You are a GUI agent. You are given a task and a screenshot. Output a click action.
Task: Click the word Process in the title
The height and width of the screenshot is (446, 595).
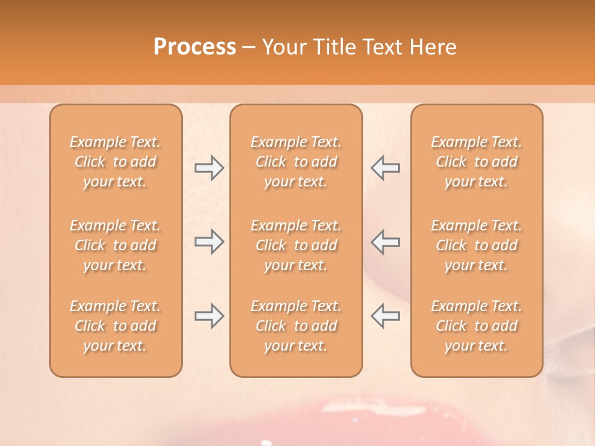point(195,47)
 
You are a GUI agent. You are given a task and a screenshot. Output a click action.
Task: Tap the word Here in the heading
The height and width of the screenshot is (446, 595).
point(433,47)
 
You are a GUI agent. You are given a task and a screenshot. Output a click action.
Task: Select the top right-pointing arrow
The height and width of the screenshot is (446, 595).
point(209,168)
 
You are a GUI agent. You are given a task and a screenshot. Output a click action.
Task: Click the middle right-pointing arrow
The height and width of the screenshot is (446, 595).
point(209,242)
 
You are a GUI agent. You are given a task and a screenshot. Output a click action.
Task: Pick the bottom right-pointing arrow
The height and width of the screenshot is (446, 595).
point(209,316)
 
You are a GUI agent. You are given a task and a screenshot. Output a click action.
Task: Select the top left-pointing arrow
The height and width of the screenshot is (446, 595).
point(385,168)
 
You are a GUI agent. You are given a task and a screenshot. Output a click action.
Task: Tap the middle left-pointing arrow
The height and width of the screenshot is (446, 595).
point(385,242)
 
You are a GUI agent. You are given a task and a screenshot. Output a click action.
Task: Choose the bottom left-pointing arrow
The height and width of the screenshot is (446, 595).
point(385,316)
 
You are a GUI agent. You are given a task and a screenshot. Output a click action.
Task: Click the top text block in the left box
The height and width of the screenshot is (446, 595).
point(115,162)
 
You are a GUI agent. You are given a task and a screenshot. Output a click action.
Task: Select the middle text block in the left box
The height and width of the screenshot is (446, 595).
point(115,245)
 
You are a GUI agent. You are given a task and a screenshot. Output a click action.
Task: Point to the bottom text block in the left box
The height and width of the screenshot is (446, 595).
point(115,326)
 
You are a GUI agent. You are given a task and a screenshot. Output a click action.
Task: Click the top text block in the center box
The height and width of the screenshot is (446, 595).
point(296,162)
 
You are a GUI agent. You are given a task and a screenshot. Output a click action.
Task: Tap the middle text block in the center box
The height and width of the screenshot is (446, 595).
point(296,245)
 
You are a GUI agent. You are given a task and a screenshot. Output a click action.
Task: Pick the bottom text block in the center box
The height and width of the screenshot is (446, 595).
point(296,326)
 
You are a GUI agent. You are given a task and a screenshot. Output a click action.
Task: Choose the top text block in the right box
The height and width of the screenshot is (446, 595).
point(477,162)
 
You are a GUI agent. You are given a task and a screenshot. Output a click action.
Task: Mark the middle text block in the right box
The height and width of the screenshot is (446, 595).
point(477,245)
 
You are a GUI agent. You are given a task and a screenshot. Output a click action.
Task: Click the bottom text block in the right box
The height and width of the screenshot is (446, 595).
point(477,326)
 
